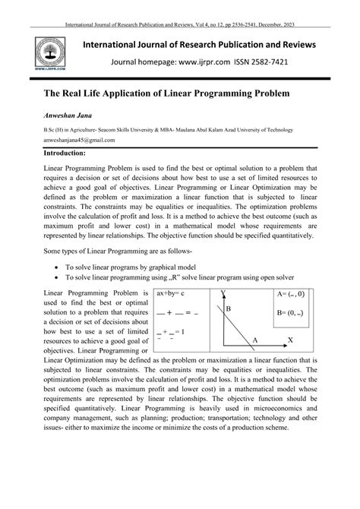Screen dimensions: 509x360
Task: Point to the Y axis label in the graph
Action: point(223,293)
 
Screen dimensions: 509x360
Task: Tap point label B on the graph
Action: point(228,309)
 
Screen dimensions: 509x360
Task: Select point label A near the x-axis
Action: point(255,339)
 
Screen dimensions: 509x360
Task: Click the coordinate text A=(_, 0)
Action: point(291,293)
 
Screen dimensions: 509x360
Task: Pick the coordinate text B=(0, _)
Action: point(291,312)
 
